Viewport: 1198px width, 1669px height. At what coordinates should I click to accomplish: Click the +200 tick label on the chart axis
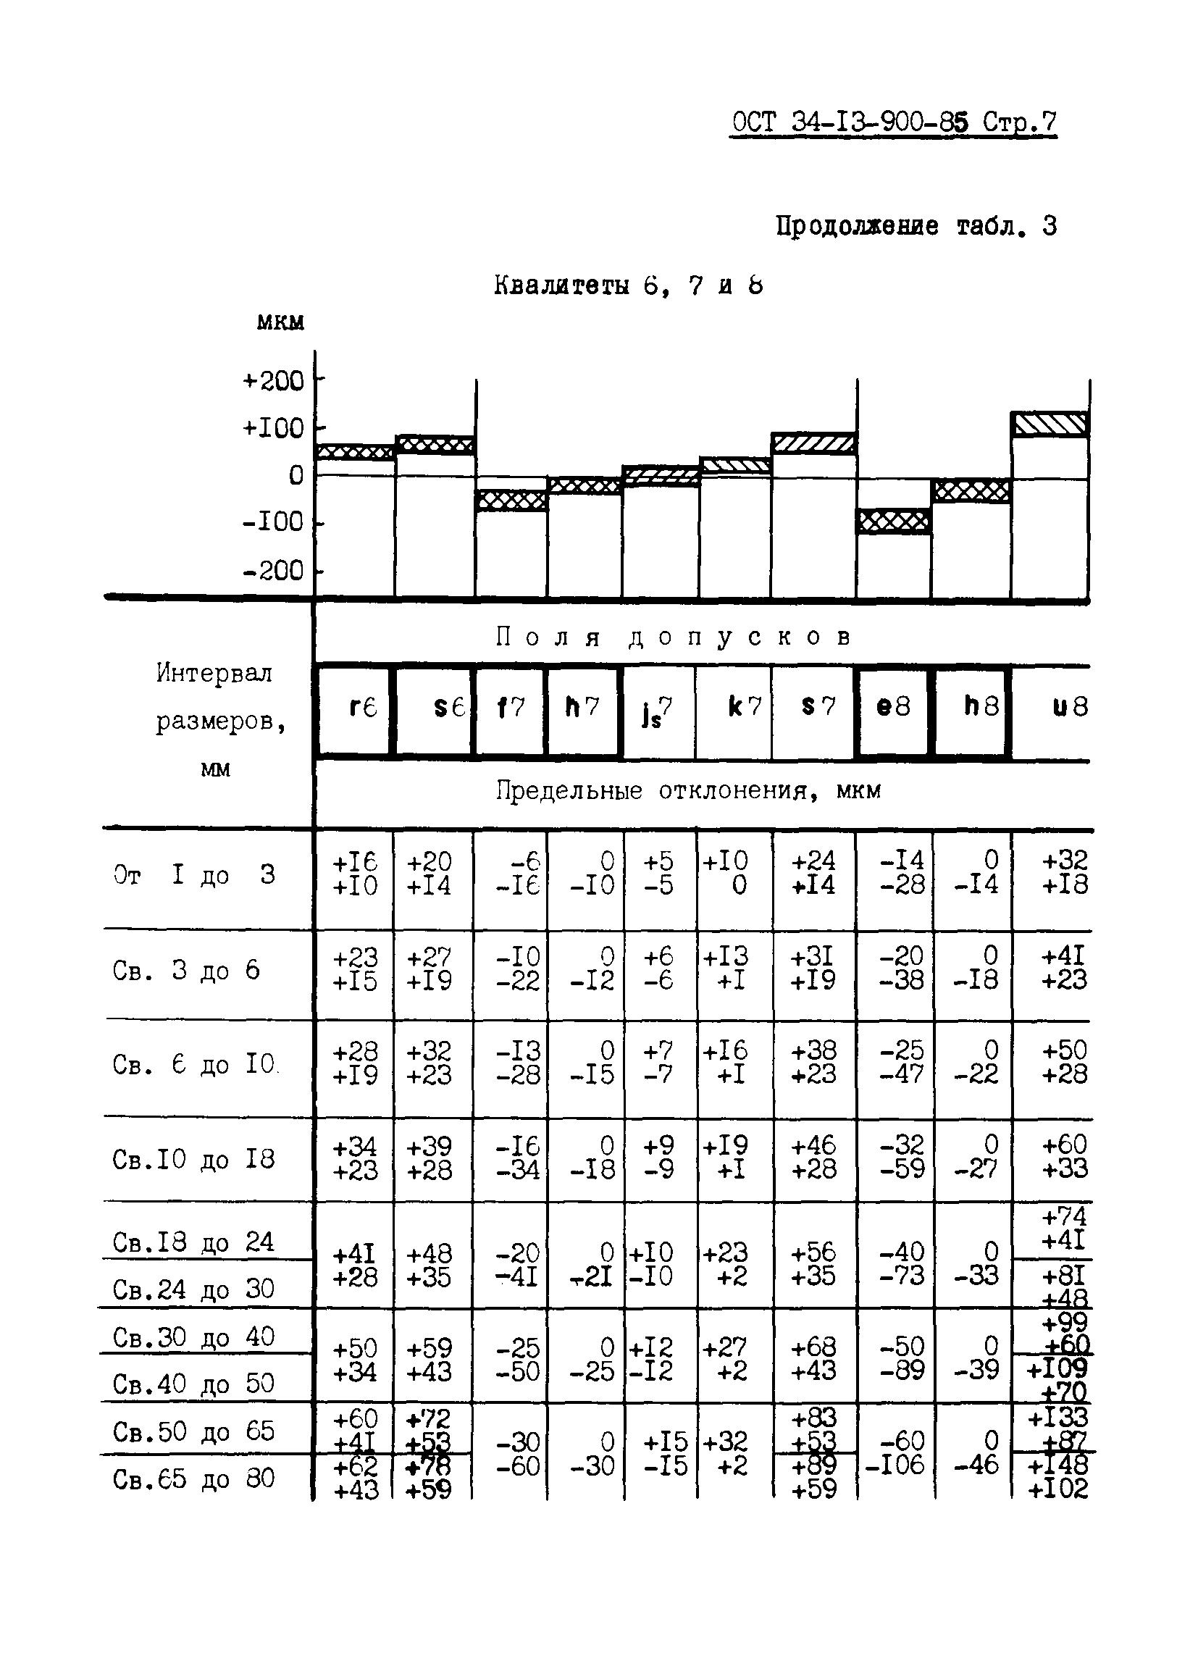(x=273, y=380)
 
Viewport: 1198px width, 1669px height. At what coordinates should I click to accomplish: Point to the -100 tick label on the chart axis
(x=273, y=522)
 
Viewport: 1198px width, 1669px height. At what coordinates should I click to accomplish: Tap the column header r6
(x=362, y=707)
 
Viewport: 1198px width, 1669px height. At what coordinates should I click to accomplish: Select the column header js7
(x=656, y=711)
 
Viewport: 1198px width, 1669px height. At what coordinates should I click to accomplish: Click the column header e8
(x=892, y=707)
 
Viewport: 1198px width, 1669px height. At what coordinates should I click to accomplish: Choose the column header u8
(x=1068, y=707)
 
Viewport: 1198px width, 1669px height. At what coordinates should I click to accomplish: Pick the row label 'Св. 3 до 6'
(x=187, y=971)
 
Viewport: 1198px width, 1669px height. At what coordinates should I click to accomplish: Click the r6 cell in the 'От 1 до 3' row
(x=355, y=874)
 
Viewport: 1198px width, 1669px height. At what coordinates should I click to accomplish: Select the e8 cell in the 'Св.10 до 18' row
(x=902, y=1157)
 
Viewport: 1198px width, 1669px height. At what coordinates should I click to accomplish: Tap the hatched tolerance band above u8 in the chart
(x=1050, y=424)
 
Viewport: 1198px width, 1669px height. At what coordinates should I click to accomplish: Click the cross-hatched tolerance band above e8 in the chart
(x=893, y=521)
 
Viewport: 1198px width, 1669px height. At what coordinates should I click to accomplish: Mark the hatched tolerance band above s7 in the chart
(x=813, y=443)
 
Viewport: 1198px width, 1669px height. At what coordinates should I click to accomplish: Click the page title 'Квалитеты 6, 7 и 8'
(x=628, y=285)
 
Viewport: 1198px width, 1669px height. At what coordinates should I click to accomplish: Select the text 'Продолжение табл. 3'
(x=916, y=227)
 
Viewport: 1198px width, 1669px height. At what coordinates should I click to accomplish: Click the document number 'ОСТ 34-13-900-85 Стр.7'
(x=893, y=122)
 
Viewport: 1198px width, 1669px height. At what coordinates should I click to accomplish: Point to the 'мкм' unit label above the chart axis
(x=280, y=322)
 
